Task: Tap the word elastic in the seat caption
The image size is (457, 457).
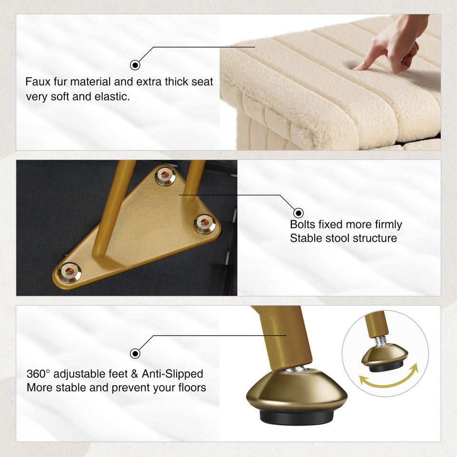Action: (x=112, y=97)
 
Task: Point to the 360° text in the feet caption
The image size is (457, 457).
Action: (x=38, y=374)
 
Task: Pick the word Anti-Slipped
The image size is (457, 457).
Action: (x=172, y=374)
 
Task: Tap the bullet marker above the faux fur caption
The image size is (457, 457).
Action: (x=135, y=65)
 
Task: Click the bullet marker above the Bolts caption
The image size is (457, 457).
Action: (x=298, y=213)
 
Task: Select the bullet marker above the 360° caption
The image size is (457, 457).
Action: (x=135, y=354)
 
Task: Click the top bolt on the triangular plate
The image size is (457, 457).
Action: (x=165, y=175)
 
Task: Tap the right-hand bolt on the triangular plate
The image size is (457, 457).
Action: (x=205, y=223)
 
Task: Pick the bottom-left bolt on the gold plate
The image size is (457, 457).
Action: (x=70, y=272)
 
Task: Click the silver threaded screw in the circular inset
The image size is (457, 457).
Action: (x=380, y=340)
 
